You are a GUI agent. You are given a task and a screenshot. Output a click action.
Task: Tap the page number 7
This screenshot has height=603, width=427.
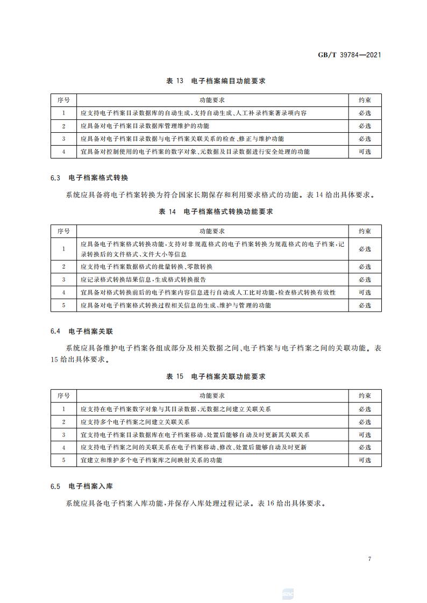click(369, 559)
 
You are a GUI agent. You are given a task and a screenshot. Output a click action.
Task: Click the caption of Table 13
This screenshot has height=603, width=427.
click(216, 81)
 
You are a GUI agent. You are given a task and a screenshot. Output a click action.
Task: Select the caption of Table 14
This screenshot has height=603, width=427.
click(216, 212)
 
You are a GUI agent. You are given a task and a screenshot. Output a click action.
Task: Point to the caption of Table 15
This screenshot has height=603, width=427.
click(216, 377)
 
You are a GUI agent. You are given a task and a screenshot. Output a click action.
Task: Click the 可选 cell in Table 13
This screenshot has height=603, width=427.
click(365, 152)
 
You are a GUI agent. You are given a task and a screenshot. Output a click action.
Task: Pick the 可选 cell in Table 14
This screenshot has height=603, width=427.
click(365, 292)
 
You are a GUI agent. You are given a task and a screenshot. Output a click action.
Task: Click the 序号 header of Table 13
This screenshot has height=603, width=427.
click(63, 100)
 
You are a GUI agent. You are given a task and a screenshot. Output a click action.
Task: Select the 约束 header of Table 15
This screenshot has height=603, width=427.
click(365, 396)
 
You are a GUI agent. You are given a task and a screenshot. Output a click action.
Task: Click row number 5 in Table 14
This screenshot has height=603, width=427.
click(63, 305)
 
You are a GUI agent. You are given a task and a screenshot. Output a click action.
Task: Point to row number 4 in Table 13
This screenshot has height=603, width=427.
click(63, 152)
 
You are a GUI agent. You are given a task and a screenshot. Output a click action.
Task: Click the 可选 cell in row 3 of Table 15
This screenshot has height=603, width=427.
click(365, 435)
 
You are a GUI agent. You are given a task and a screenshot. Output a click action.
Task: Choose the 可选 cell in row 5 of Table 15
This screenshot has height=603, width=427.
click(365, 460)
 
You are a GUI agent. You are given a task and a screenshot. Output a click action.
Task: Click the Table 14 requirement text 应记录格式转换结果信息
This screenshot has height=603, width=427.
click(143, 279)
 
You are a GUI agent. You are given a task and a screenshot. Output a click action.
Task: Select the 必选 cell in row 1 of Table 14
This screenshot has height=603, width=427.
click(365, 249)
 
